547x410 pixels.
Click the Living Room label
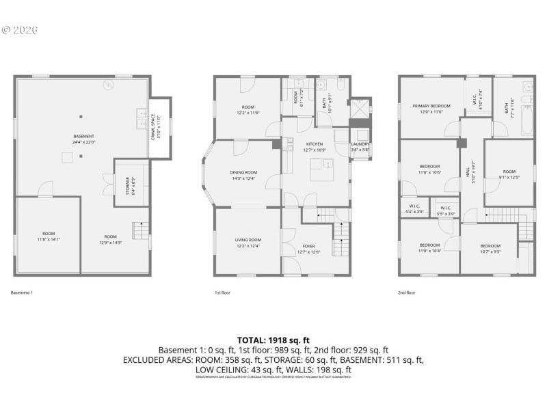[x=248, y=243]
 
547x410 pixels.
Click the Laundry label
[x=360, y=146]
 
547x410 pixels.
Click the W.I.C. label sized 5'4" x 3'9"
[x=414, y=210]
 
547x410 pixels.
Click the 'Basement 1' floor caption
[x=22, y=292]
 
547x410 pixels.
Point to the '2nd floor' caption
[x=407, y=292]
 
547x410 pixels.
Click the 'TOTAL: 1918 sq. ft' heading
[x=273, y=340]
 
